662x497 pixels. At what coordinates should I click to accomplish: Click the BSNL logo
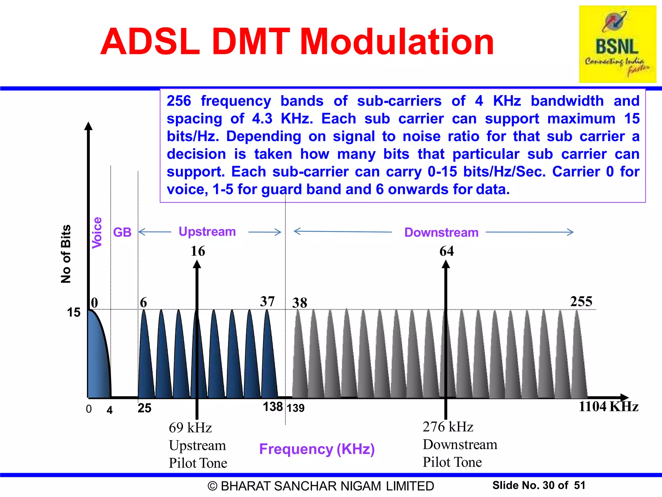click(x=617, y=44)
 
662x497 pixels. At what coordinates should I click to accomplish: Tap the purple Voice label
click(x=97, y=233)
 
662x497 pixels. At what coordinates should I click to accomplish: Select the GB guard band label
click(x=122, y=232)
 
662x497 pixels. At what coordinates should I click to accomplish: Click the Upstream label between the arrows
click(x=207, y=232)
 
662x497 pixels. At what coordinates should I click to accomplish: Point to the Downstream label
click(x=441, y=232)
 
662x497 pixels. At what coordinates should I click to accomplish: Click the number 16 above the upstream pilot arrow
click(x=198, y=251)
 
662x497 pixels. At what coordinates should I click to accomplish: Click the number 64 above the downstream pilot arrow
click(x=446, y=251)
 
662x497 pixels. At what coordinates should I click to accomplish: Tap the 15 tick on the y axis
click(x=74, y=313)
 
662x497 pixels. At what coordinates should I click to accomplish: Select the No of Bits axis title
click(x=66, y=254)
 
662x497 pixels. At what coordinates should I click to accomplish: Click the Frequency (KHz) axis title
click(x=317, y=449)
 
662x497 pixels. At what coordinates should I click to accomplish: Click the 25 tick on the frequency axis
click(x=144, y=408)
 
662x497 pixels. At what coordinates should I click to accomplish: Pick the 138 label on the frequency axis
click(x=272, y=407)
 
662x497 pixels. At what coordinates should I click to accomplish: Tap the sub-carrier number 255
click(x=581, y=302)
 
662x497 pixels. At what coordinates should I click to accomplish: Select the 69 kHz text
click(x=190, y=428)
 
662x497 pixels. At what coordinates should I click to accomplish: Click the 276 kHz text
click(x=448, y=427)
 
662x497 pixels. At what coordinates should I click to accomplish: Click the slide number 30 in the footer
click(x=549, y=485)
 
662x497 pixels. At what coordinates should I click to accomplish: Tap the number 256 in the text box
click(x=179, y=101)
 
